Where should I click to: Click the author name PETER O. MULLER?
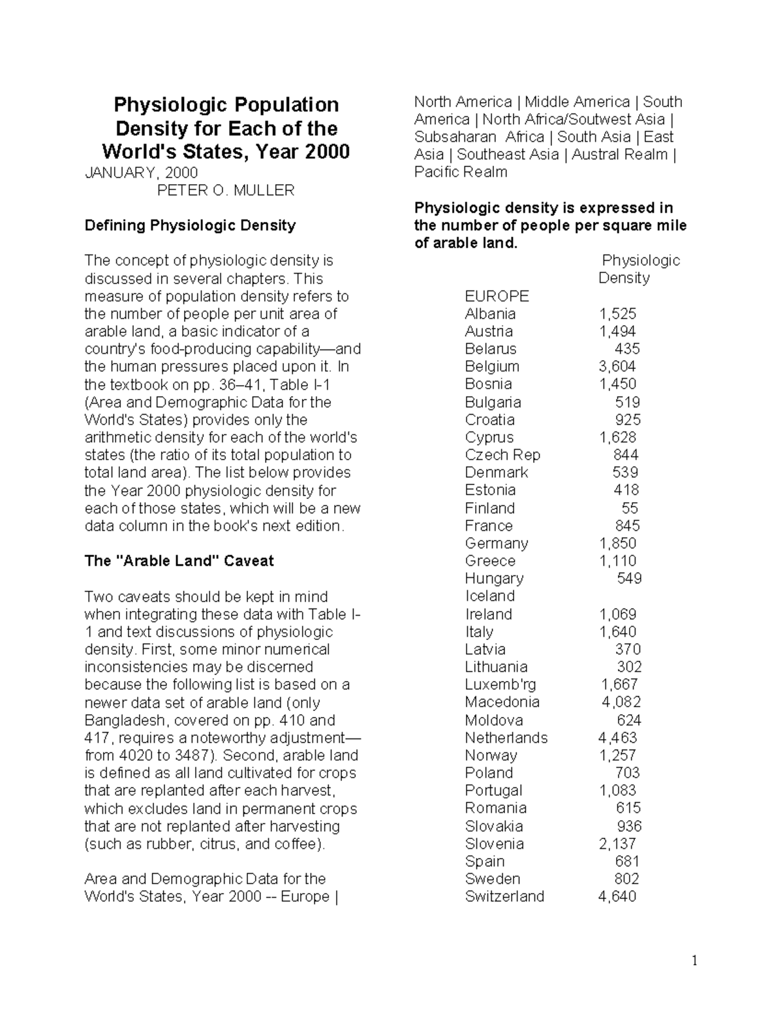click(x=226, y=190)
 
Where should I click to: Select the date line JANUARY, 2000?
click(x=141, y=172)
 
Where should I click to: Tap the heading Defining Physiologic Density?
click(x=190, y=225)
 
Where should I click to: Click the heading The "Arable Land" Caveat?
click(x=179, y=561)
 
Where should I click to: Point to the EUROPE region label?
click(x=497, y=296)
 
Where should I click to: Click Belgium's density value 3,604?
click(x=617, y=366)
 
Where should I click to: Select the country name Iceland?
click(x=489, y=596)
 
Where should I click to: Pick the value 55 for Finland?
click(x=630, y=508)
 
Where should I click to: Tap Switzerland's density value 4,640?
click(x=617, y=896)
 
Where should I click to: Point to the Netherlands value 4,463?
click(x=617, y=738)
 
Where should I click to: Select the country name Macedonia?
click(x=502, y=702)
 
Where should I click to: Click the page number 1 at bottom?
click(x=695, y=960)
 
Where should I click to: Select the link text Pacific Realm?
click(x=461, y=172)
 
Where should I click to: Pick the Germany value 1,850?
click(x=617, y=543)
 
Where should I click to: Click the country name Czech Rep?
click(x=502, y=454)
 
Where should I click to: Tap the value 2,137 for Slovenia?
click(x=617, y=844)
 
